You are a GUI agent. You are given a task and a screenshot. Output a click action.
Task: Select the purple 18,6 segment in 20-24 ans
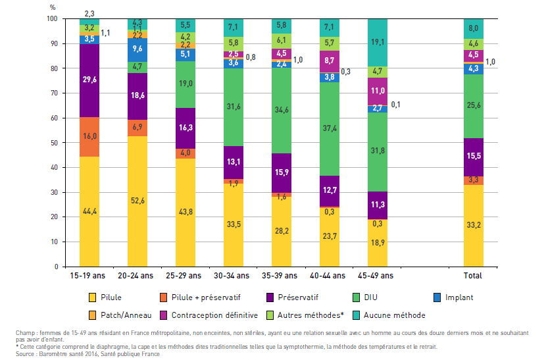pos(137,96)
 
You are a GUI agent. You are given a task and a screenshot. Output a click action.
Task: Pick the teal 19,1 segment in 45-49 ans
pos(377,42)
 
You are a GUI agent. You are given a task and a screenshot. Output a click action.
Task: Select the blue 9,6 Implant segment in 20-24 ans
pos(137,50)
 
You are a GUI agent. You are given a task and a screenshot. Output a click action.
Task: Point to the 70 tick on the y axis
pos(55,93)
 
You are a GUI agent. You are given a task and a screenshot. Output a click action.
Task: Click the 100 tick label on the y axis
pos(52,19)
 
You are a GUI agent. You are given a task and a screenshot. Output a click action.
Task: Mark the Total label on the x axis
pos(472,276)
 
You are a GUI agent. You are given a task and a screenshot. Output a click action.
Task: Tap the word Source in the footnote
pos(26,353)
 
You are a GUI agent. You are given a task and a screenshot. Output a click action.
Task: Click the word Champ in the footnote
pos(27,332)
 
